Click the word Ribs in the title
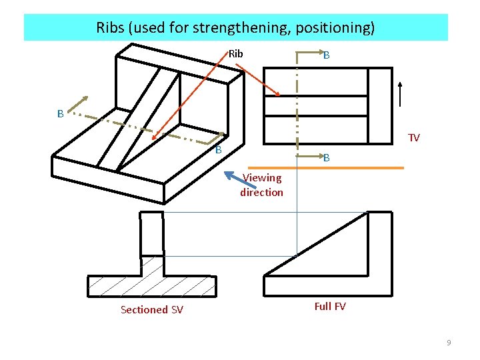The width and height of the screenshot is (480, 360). pyautogui.click(x=110, y=28)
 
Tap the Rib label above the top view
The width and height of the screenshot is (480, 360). pyautogui.click(x=236, y=53)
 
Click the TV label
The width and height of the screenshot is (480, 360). pyautogui.click(x=414, y=138)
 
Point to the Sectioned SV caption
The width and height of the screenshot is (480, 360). pyautogui.click(x=152, y=309)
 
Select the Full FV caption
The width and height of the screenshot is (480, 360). pyautogui.click(x=329, y=307)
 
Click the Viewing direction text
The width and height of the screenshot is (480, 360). pyautogui.click(x=262, y=185)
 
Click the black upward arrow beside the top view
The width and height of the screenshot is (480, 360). pyautogui.click(x=400, y=93)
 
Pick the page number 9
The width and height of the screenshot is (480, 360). pyautogui.click(x=449, y=343)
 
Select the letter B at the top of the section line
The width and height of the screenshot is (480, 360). pyautogui.click(x=327, y=56)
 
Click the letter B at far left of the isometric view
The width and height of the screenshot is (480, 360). pyautogui.click(x=60, y=114)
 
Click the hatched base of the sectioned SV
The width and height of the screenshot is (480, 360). pyautogui.click(x=152, y=285)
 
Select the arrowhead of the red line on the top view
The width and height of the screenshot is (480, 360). pyautogui.click(x=277, y=93)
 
